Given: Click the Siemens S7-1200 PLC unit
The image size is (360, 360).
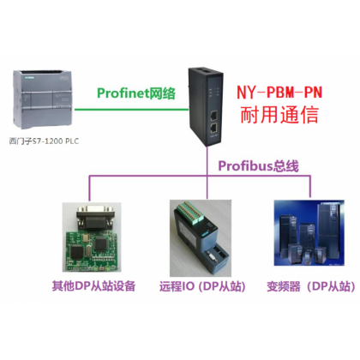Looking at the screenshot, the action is point(43,99).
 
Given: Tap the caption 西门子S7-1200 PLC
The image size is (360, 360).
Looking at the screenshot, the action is point(44,141).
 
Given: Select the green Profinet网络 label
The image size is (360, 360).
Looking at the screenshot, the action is point(136,93).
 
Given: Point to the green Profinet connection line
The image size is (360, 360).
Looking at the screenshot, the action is point(131,109).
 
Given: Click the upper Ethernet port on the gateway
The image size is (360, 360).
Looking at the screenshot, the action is point(213,116).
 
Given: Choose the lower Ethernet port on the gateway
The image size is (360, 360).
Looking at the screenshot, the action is point(213,128).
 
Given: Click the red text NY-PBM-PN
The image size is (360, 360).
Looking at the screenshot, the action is point(279,93).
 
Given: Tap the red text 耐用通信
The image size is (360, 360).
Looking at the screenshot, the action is point(279,115).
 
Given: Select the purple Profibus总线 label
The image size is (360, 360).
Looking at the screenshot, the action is point(258,166).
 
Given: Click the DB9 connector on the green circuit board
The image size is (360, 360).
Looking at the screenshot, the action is point(96,217).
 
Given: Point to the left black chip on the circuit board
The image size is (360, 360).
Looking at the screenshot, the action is point(77,251).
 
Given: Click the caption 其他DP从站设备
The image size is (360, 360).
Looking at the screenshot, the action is point(93,286).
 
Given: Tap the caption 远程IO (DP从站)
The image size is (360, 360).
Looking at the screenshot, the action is point(202,286).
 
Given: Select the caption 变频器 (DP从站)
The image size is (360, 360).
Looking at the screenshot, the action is point(311,286).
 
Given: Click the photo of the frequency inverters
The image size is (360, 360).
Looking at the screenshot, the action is point(309,233).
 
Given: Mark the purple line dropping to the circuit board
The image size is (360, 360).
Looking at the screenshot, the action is point(89,189).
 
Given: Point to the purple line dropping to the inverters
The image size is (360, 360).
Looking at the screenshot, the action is point(310,186).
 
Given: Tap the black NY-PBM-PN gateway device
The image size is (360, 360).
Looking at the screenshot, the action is point(206,106).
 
